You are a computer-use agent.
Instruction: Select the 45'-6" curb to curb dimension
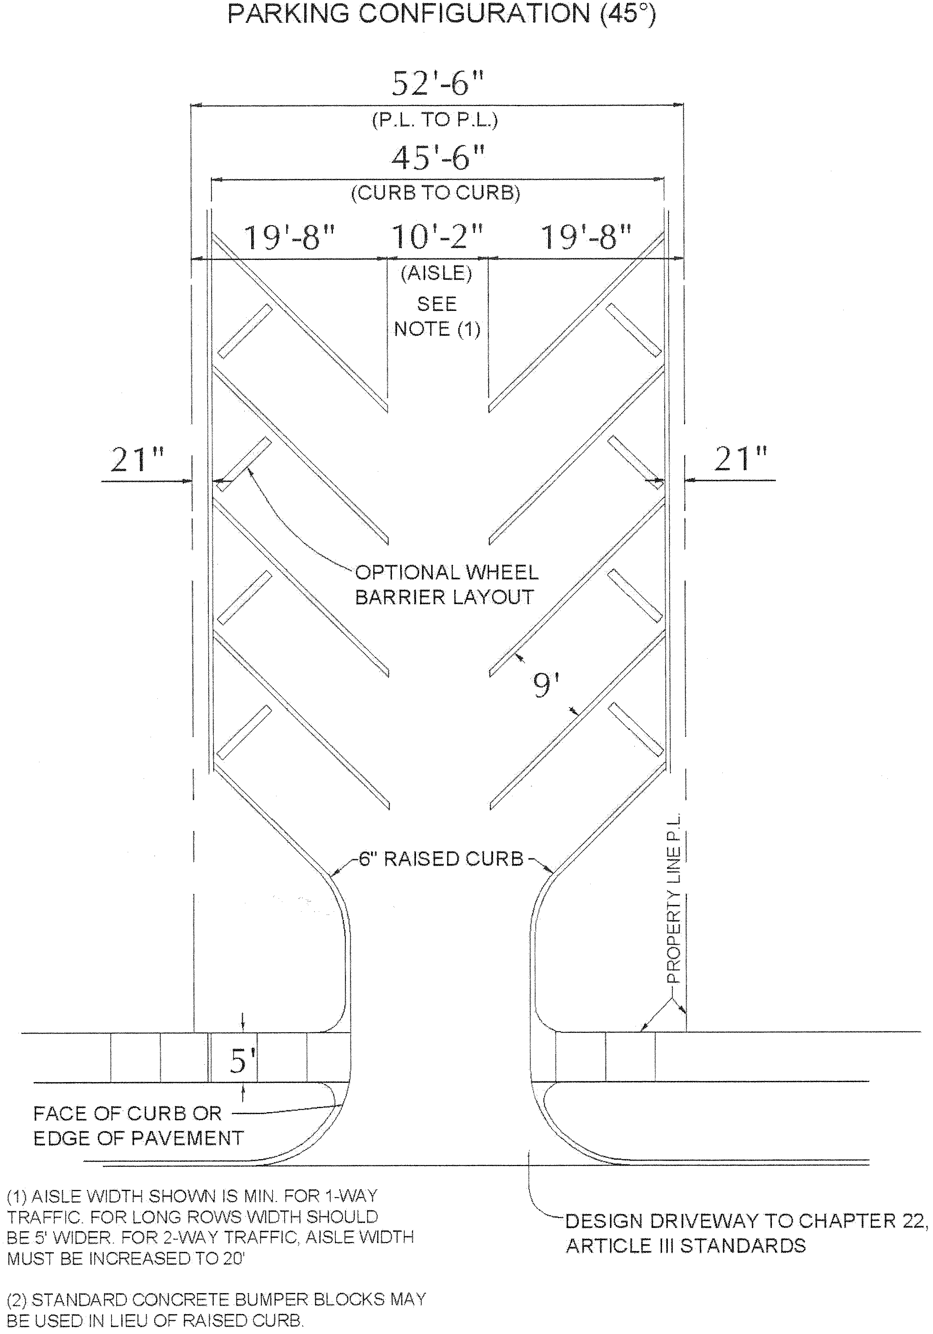click(x=438, y=157)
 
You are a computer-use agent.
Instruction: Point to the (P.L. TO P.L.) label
click(x=435, y=120)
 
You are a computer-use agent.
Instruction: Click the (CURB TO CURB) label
click(x=436, y=193)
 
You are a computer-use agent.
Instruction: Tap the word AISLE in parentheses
click(x=436, y=273)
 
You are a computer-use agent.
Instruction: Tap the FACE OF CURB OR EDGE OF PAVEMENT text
click(x=138, y=1126)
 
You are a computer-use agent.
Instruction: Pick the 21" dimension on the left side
click(x=138, y=460)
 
